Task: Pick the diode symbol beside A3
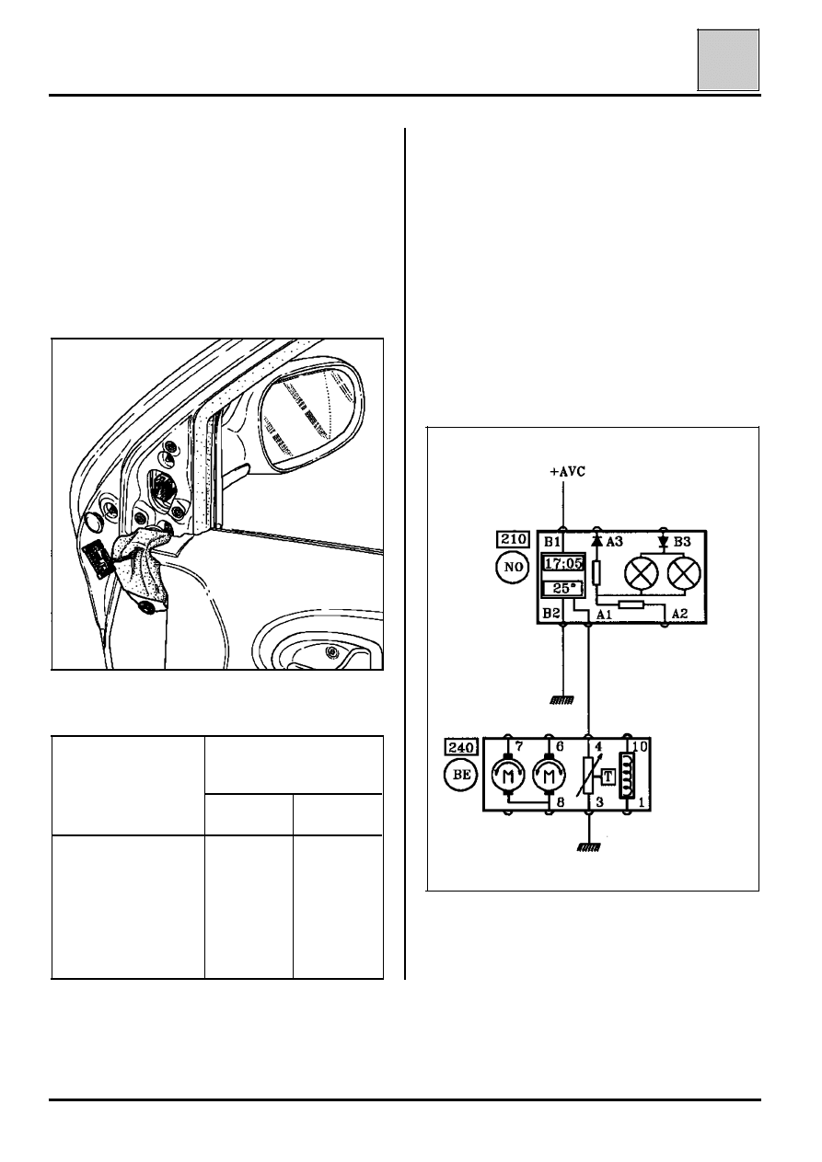[596, 541]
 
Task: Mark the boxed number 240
[460, 746]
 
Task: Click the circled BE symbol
[460, 775]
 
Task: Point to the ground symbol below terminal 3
[588, 847]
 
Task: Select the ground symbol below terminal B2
[562, 700]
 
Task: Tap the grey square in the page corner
[727, 60]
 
